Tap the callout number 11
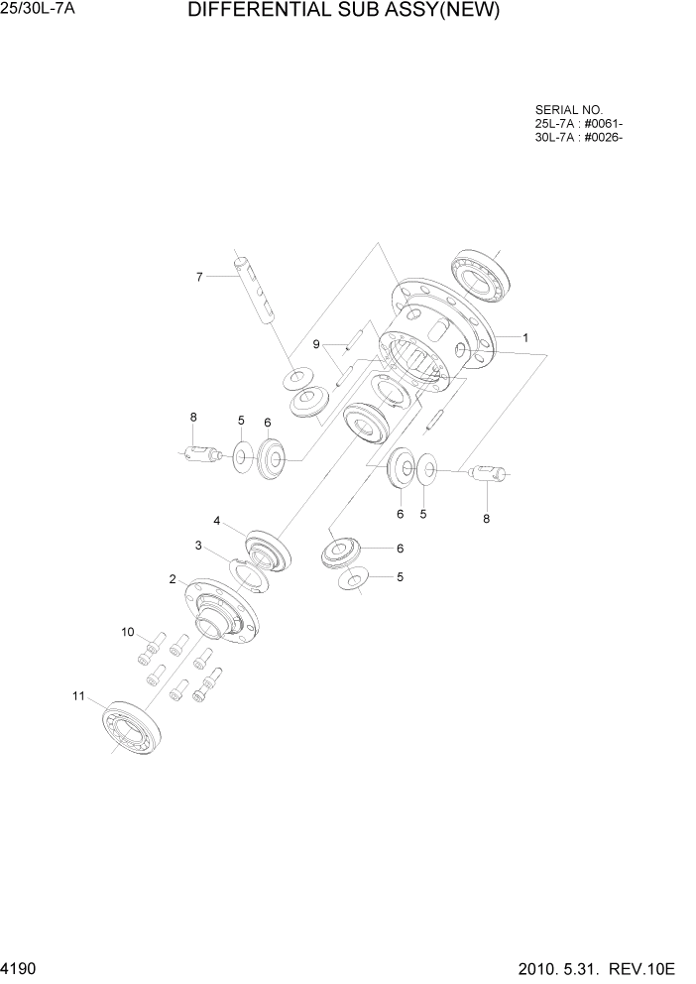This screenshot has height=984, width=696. click(80, 695)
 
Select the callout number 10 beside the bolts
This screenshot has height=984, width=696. click(127, 631)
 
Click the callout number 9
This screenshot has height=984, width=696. click(316, 344)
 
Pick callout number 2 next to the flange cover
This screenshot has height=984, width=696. click(173, 579)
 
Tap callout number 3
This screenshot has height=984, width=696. click(198, 545)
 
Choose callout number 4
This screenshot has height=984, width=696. click(215, 520)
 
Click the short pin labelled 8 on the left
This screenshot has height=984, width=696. click(203, 454)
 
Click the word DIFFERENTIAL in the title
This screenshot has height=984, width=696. click(257, 12)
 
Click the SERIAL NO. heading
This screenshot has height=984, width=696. click(568, 110)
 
